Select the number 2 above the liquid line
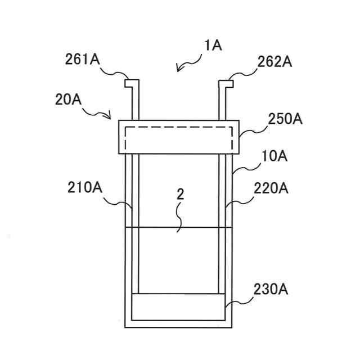(x=180, y=194)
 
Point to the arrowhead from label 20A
(x=110, y=116)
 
